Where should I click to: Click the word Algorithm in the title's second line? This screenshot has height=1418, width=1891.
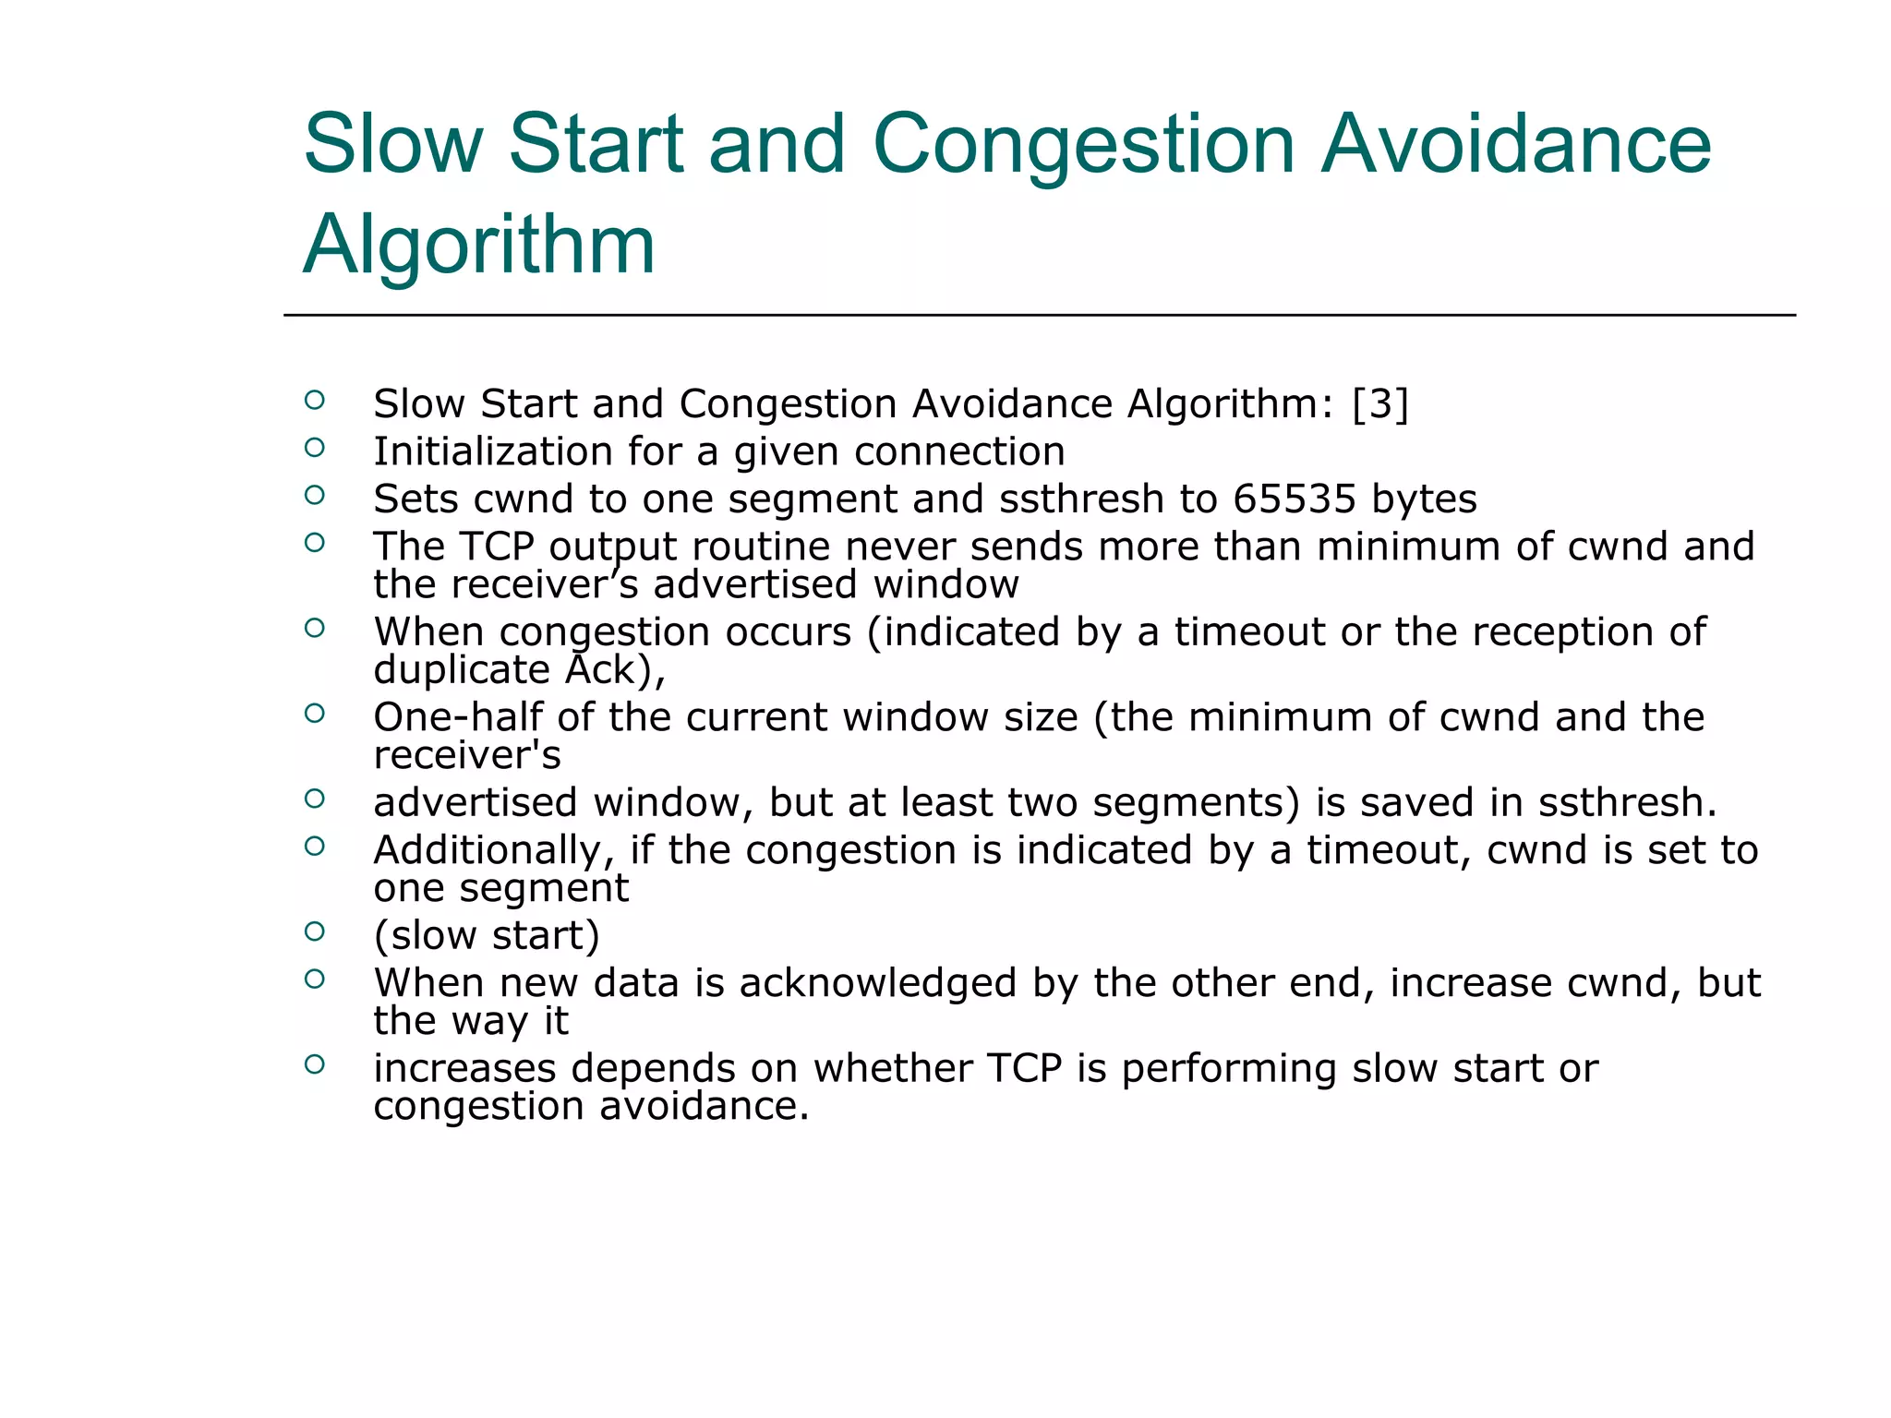tap(478, 245)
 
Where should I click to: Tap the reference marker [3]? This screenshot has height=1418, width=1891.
tap(1380, 404)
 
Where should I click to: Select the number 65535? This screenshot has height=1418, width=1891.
tap(1295, 499)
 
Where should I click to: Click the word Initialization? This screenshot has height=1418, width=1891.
tap(492, 451)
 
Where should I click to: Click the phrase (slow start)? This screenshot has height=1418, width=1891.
tap(487, 935)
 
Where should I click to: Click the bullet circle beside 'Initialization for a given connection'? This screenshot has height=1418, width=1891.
tap(315, 448)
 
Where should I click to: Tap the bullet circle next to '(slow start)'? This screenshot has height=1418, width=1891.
tap(315, 931)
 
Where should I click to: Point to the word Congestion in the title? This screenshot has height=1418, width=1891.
tap(1084, 144)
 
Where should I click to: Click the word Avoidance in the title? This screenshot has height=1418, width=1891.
tap(1516, 144)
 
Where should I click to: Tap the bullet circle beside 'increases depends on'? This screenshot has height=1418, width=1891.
tap(315, 1064)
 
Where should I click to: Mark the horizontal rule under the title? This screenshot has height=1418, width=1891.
tap(1039, 316)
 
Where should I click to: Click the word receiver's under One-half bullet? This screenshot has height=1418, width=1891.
tap(467, 755)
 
